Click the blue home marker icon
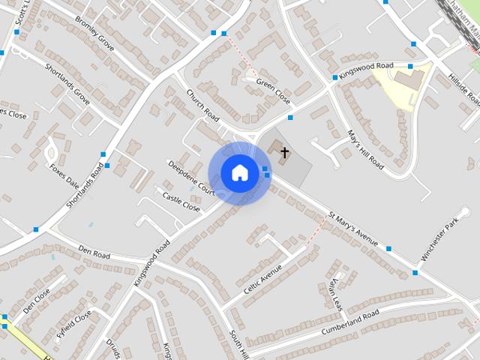(x=239, y=173)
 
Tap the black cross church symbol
(x=284, y=152)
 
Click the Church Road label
(x=202, y=106)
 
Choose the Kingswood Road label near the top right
(x=366, y=69)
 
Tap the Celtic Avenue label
(x=262, y=278)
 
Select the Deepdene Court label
(x=190, y=178)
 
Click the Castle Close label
(x=181, y=201)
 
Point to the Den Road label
(x=94, y=255)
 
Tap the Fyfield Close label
(x=73, y=324)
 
